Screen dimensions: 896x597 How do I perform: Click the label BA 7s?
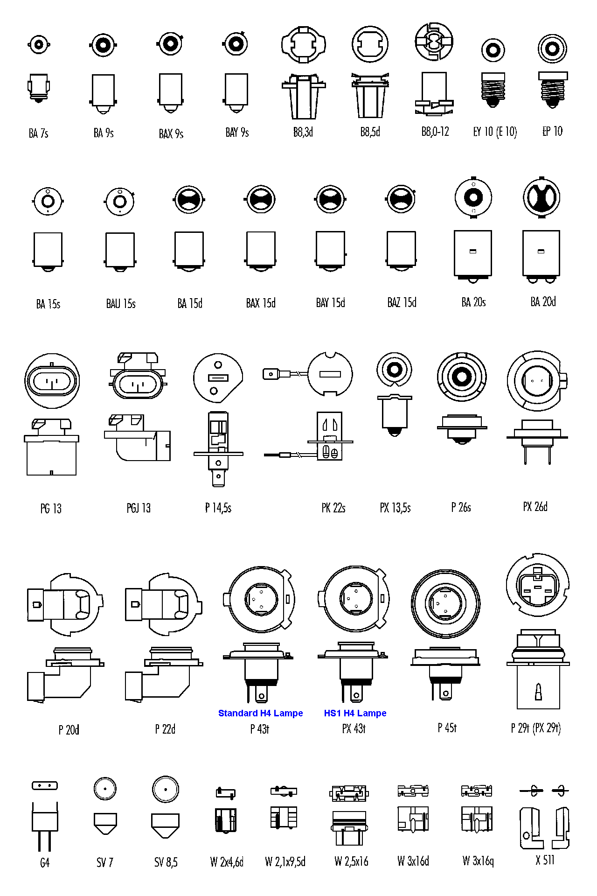point(38,133)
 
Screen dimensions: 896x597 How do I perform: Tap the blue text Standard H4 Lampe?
point(260,713)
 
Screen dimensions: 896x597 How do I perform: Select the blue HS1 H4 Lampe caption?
point(355,713)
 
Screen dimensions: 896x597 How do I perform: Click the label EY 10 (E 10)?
point(495,132)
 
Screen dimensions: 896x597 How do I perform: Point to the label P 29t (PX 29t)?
point(535,728)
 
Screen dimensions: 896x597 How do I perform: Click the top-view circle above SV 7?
point(105,789)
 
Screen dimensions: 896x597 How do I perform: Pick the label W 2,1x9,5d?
point(285,861)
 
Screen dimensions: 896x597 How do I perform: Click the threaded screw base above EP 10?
point(553,90)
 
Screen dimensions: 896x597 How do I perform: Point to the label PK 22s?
point(333,508)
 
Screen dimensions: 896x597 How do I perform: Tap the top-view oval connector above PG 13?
point(52,381)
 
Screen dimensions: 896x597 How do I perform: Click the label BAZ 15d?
point(402,303)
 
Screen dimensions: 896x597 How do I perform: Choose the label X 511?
point(545,860)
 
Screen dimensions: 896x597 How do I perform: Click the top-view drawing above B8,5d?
point(370,44)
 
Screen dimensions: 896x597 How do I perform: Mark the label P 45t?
point(447,728)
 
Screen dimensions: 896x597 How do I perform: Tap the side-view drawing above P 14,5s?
point(218,448)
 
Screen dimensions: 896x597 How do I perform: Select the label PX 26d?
point(535,507)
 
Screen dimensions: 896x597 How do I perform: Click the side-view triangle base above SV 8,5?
point(166,825)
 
